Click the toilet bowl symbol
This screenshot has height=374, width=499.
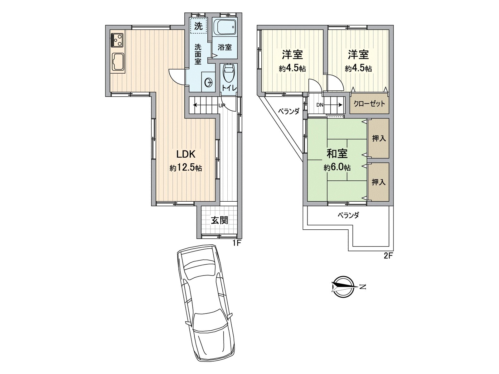point(229,73)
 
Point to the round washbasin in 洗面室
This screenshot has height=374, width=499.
point(208,82)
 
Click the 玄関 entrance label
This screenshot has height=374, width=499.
point(220,220)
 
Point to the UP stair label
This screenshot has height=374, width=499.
point(221,106)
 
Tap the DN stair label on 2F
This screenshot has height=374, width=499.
point(320,105)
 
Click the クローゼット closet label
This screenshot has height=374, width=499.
point(369,104)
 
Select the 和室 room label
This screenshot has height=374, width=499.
point(337,153)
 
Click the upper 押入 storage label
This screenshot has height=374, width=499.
point(379,138)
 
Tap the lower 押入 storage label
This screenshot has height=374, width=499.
point(379,182)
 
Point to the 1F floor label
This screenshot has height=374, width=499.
point(237,243)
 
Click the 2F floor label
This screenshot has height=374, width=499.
point(388,256)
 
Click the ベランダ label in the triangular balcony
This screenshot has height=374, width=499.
point(289,111)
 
